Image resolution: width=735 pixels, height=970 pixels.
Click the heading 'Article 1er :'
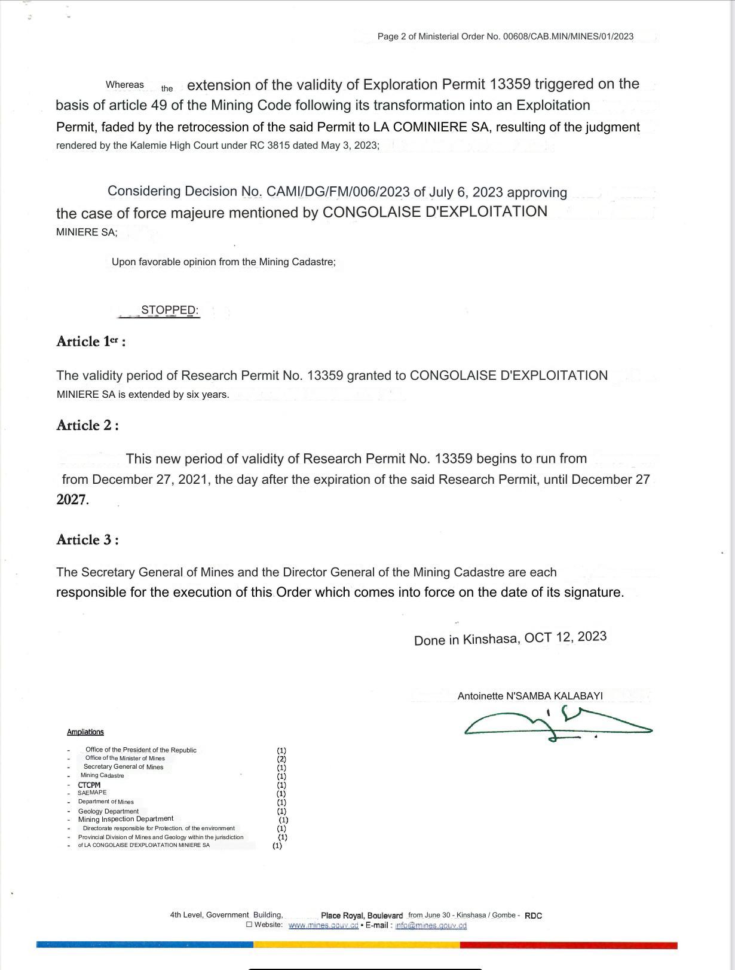pos(90,342)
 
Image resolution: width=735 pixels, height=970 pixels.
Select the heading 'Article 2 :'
pos(87,425)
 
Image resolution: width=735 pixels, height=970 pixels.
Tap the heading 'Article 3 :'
pos(87,540)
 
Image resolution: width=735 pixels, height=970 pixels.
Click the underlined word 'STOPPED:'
pos(170,310)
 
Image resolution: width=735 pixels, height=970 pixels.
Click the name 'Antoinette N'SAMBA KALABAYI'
pos(530,696)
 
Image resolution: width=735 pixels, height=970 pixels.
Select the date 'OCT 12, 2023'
pos(565,637)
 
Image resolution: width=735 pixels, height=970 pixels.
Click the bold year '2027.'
pos(72,500)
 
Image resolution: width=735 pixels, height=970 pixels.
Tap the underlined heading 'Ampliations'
pos(85,732)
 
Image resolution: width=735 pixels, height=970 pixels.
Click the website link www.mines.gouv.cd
pos(323,925)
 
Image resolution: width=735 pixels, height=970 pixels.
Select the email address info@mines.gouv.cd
pos(431,925)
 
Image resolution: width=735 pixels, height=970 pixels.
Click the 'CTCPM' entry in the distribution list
pos(89,785)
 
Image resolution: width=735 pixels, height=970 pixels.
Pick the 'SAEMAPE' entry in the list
pos(92,793)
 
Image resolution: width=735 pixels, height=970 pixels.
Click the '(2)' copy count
pos(281,759)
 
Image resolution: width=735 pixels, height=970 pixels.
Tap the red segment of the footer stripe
pos(568,946)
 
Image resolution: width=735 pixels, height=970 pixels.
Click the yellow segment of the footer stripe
pos(357,945)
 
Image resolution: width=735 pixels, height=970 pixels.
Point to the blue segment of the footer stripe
pos(145,945)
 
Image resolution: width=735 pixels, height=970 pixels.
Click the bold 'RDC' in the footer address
pos(533,916)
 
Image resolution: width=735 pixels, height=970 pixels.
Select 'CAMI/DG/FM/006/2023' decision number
pos(338,192)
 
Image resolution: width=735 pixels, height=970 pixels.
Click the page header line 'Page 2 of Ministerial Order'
pos(505,36)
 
